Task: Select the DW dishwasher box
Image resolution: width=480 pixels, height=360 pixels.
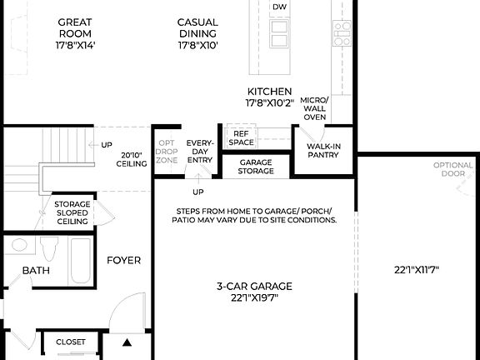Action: pyautogui.click(x=280, y=7)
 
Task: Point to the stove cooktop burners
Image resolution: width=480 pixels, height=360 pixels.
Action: pyautogui.click(x=342, y=32)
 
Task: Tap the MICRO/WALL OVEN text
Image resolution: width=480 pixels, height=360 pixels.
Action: pyautogui.click(x=314, y=108)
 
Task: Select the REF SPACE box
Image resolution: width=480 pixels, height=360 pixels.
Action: pyautogui.click(x=242, y=137)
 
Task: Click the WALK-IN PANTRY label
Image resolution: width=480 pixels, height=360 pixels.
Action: pyautogui.click(x=322, y=151)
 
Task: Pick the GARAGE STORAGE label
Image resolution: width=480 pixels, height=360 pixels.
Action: pyautogui.click(x=256, y=167)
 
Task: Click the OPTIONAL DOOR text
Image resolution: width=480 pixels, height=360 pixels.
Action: pyautogui.click(x=452, y=170)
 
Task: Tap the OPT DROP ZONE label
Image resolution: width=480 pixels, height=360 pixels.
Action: pyautogui.click(x=167, y=150)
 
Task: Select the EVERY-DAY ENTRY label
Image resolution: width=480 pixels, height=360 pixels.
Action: pyautogui.click(x=199, y=151)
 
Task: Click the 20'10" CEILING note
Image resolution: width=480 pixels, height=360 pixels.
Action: pyautogui.click(x=133, y=159)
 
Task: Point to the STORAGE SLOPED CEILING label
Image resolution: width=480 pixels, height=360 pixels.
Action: pyautogui.click(x=72, y=212)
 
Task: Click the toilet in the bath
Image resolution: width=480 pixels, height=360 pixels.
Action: pyautogui.click(x=48, y=250)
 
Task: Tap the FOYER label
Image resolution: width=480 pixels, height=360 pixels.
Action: pyautogui.click(x=123, y=260)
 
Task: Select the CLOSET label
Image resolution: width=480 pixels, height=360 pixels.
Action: pyautogui.click(x=71, y=342)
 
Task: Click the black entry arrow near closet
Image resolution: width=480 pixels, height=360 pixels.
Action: pyautogui.click(x=127, y=342)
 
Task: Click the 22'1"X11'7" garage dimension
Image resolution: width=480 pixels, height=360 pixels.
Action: pyautogui.click(x=417, y=269)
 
